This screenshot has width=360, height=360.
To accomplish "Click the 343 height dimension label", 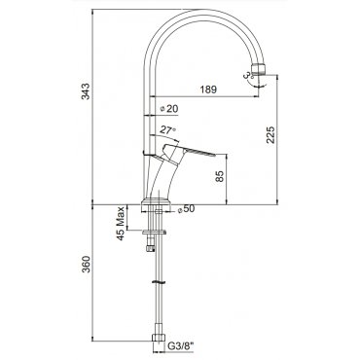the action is click(x=86, y=91).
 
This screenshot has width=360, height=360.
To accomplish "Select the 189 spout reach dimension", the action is click(x=208, y=90).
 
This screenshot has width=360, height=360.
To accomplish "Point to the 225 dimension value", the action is click(x=270, y=134).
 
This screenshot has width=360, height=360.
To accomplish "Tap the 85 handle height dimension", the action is click(x=220, y=176).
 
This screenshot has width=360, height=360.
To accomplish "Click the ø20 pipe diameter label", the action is click(x=169, y=109).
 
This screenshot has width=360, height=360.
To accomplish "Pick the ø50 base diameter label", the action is click(x=186, y=209).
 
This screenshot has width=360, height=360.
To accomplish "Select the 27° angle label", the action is click(x=168, y=130).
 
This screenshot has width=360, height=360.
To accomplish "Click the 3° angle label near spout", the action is click(x=248, y=75).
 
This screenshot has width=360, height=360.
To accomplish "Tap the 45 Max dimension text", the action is click(x=121, y=223).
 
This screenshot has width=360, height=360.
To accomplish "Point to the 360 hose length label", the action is click(x=86, y=265).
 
